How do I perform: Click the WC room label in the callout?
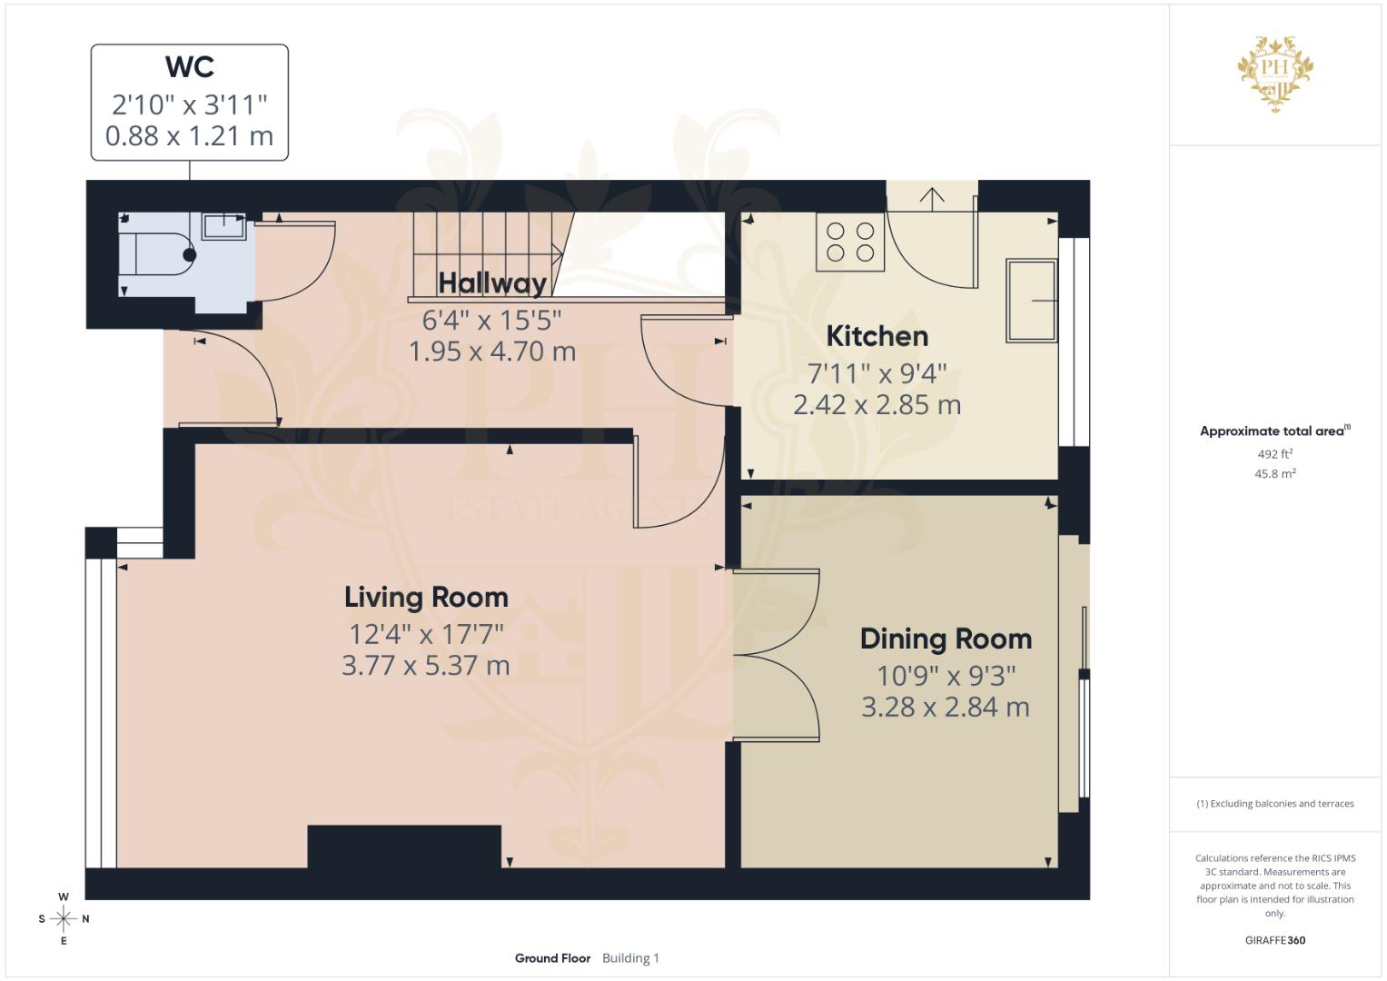pyautogui.click(x=190, y=67)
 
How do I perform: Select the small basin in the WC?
pyautogui.click(x=223, y=225)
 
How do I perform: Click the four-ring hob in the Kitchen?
pyautogui.click(x=850, y=242)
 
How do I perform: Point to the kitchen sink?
pyautogui.click(x=1031, y=301)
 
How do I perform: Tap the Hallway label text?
pyautogui.click(x=492, y=283)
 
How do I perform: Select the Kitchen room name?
pyautogui.click(x=877, y=336)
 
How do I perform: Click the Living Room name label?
pyautogui.click(x=426, y=598)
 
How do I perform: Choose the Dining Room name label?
pyautogui.click(x=946, y=639)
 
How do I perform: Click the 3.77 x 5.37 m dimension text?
pyautogui.click(x=425, y=666)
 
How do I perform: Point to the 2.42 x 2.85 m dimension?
pyautogui.click(x=877, y=405)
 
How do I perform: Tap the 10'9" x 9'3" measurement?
pyautogui.click(x=946, y=676)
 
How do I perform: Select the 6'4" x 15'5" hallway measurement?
pyautogui.click(x=492, y=320)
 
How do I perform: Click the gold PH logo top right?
pyautogui.click(x=1275, y=72)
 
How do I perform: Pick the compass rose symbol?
pyautogui.click(x=64, y=919)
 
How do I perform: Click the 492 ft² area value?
pyautogui.click(x=1275, y=454)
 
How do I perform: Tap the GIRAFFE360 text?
pyautogui.click(x=1275, y=940)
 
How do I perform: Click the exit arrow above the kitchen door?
pyautogui.click(x=932, y=196)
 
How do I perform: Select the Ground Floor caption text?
pyautogui.click(x=552, y=958)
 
